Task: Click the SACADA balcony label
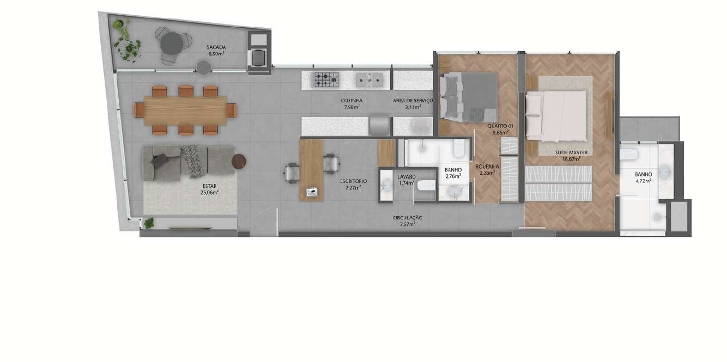tap(216, 47)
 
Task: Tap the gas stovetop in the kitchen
tap(326, 79)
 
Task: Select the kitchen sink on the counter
tap(369, 79)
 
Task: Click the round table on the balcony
tap(172, 44)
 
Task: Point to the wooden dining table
tap(185, 111)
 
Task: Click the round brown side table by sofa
tap(239, 161)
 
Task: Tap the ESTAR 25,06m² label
tap(209, 189)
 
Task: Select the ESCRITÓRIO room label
tap(354, 181)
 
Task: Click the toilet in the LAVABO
tap(426, 186)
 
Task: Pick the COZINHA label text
tap(352, 101)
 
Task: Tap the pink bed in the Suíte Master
tap(556, 116)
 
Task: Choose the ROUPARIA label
tap(487, 167)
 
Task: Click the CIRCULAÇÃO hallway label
tap(408, 218)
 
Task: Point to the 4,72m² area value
tap(643, 181)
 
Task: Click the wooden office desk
tap(312, 170)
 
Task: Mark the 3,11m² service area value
tap(413, 107)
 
